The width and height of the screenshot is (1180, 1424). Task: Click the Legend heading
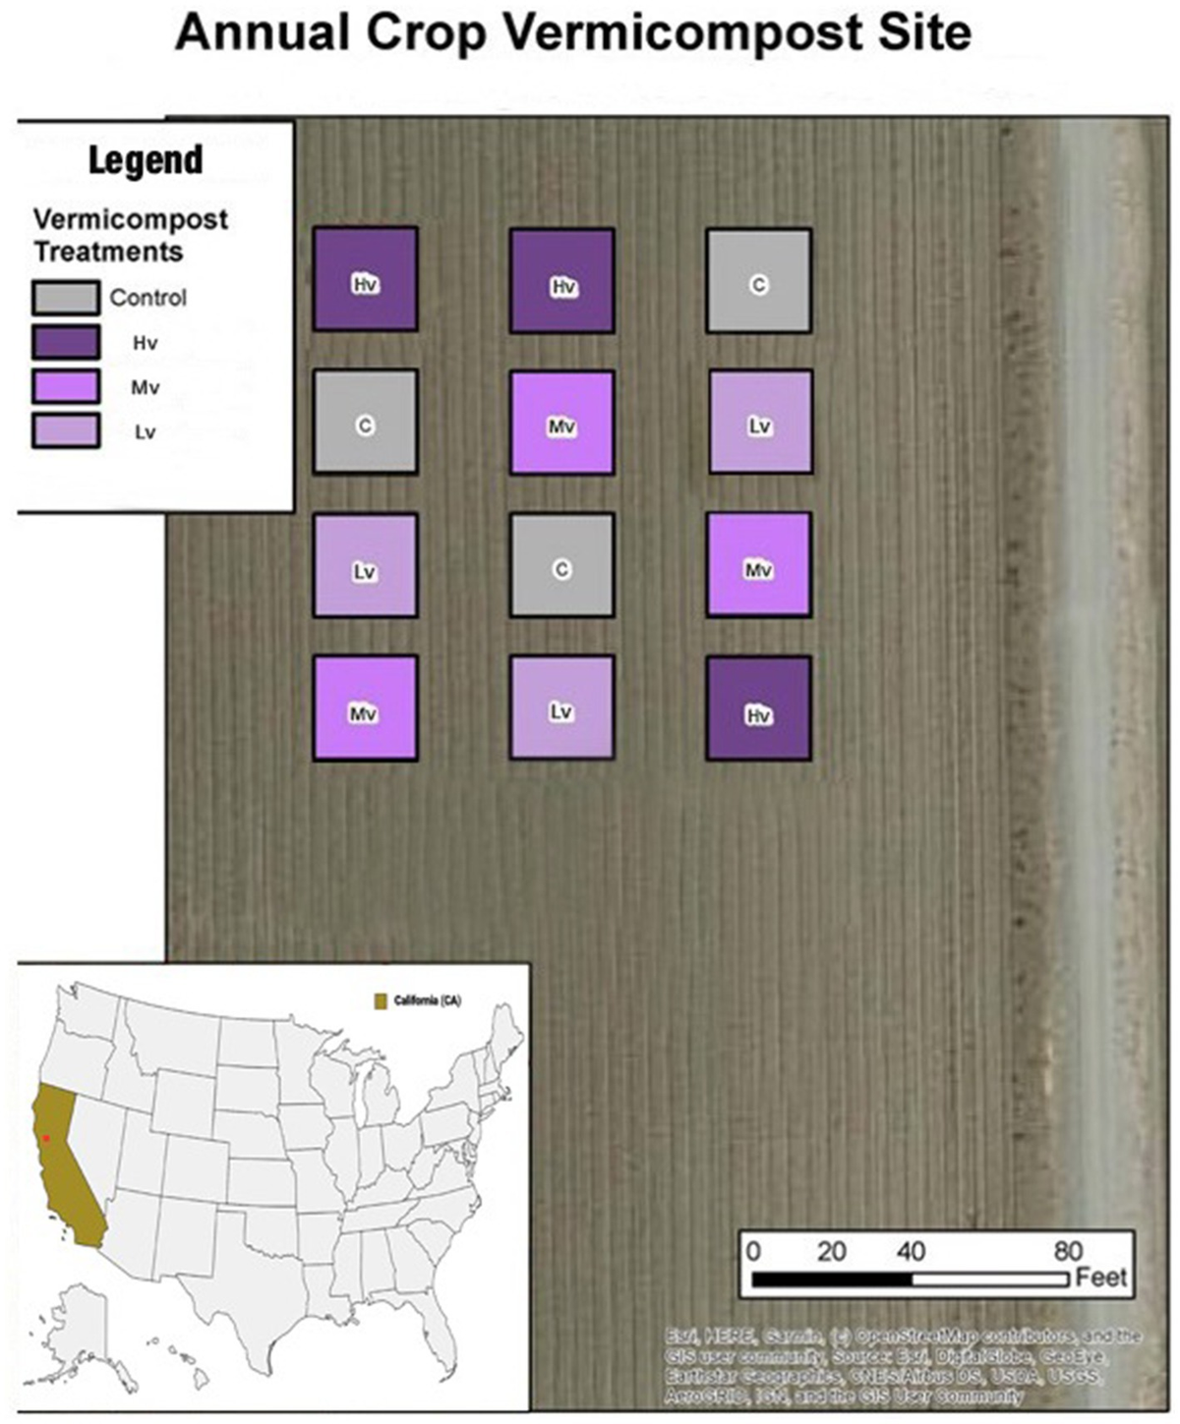[146, 160]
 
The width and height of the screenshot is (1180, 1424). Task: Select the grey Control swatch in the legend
[65, 298]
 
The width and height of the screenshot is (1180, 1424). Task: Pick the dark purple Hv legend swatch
[65, 343]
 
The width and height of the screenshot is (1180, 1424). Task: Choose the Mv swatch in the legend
[65, 387]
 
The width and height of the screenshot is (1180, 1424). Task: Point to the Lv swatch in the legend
[65, 431]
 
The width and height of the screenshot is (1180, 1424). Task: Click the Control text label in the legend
[147, 298]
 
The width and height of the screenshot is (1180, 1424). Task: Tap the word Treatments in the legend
[108, 252]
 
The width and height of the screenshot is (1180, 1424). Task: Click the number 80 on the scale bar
[1067, 1251]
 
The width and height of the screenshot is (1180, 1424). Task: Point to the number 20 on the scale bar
[831, 1251]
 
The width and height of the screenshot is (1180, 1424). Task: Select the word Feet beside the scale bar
[1101, 1278]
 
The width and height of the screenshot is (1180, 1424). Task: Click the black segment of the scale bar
[832, 1280]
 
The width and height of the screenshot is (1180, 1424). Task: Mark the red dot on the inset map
[45, 1138]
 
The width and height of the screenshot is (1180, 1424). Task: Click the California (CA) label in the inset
[428, 1001]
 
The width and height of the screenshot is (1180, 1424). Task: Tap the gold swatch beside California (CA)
[381, 1001]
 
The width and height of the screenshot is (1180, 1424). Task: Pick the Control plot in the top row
[758, 280]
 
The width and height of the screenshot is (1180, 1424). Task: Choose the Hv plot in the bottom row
[758, 709]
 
